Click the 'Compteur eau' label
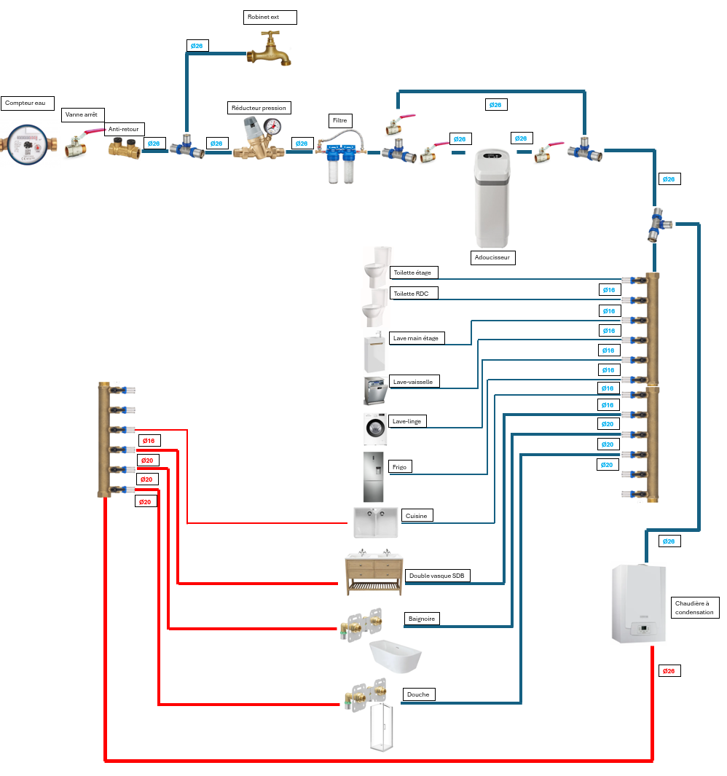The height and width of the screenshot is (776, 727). point(26,103)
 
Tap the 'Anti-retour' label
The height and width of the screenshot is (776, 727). point(125,130)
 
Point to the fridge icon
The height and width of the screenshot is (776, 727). point(373,477)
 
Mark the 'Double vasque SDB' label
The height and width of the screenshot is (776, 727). point(437,576)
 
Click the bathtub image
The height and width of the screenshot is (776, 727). point(396,657)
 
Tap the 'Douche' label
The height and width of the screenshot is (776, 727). point(418,694)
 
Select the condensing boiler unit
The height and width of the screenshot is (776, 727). point(638,604)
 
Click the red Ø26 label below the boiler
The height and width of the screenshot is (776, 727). point(669,670)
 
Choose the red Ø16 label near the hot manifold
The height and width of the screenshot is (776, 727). point(149,441)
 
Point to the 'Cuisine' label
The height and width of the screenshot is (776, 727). point(417,515)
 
